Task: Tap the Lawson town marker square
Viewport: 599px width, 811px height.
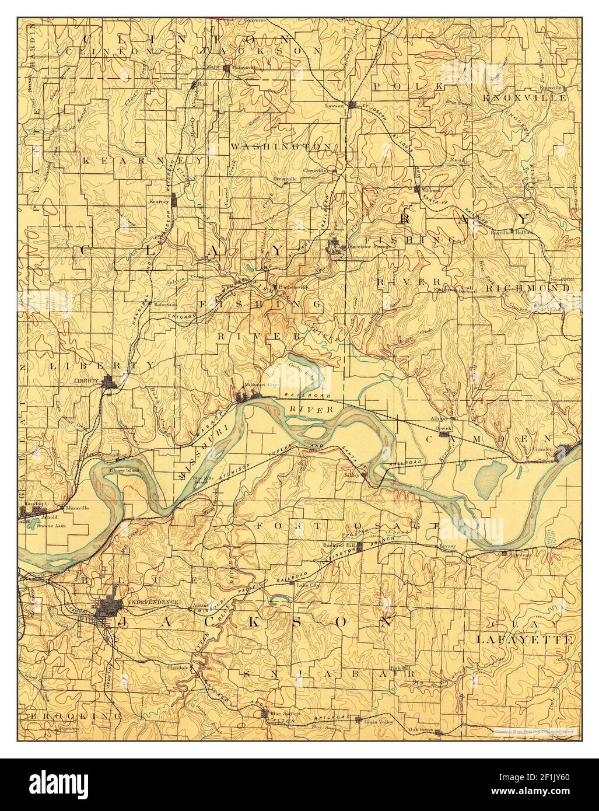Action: [x=352, y=105]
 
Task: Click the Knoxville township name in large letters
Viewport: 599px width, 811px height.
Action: [x=524, y=98]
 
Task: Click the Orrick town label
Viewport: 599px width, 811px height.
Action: [x=447, y=428]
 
